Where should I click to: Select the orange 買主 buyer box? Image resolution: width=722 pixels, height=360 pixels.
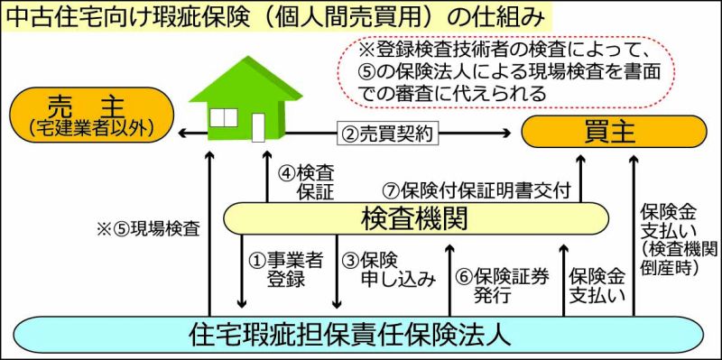click(614, 132)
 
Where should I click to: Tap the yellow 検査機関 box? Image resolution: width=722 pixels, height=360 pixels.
click(416, 218)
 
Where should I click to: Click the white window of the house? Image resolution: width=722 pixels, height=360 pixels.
click(224, 118)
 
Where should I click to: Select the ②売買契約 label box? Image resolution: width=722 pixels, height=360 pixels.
click(387, 134)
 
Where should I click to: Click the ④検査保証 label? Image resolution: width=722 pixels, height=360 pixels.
click(306, 182)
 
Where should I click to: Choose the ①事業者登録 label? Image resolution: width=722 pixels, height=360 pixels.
click(285, 270)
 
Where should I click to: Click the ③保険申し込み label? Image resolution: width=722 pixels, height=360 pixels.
click(389, 270)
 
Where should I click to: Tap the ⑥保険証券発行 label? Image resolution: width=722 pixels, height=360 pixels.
click(503, 285)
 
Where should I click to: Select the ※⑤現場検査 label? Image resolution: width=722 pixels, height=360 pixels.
click(148, 229)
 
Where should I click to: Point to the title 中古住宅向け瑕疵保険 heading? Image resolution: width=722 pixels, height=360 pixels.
click(274, 16)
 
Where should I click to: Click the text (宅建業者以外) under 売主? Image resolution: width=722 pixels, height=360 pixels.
click(90, 127)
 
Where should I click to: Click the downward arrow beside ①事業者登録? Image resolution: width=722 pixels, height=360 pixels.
click(241, 272)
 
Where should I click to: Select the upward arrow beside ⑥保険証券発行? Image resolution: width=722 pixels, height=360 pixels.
click(449, 281)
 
